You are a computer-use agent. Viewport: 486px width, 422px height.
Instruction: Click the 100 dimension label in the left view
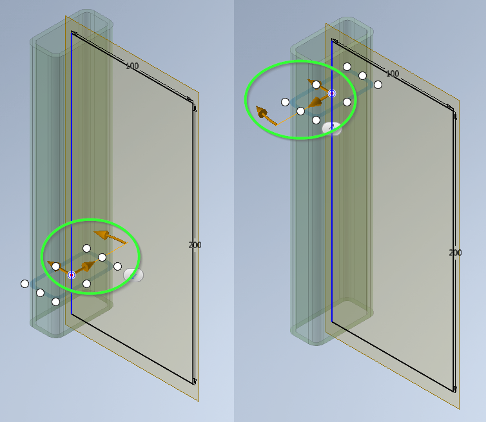point(132,66)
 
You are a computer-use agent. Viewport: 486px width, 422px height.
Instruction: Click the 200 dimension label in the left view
point(195,245)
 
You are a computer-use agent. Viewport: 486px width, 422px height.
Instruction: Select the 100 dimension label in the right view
point(392,74)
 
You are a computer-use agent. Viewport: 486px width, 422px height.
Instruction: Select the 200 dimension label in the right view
point(455,253)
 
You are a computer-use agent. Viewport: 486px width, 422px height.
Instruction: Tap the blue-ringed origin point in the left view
point(72,275)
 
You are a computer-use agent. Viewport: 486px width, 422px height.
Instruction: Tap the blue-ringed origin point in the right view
point(332,93)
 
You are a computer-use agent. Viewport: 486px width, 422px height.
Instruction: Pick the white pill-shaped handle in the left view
point(133,275)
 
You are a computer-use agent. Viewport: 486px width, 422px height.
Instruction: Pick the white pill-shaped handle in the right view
point(331,128)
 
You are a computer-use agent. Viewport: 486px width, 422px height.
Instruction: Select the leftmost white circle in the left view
point(24,283)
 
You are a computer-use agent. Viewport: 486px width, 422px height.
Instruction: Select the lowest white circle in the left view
point(55,302)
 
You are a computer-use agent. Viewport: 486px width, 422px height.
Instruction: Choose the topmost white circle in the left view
point(86,248)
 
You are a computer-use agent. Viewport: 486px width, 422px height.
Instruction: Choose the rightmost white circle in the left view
point(117,266)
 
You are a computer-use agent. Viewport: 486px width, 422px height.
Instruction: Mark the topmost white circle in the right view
point(347,66)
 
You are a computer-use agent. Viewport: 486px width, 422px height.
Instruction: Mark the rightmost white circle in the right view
point(378,84)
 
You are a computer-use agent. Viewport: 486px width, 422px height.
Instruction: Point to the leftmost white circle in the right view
point(285,102)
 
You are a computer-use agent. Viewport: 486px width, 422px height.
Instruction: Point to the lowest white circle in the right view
point(316,120)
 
